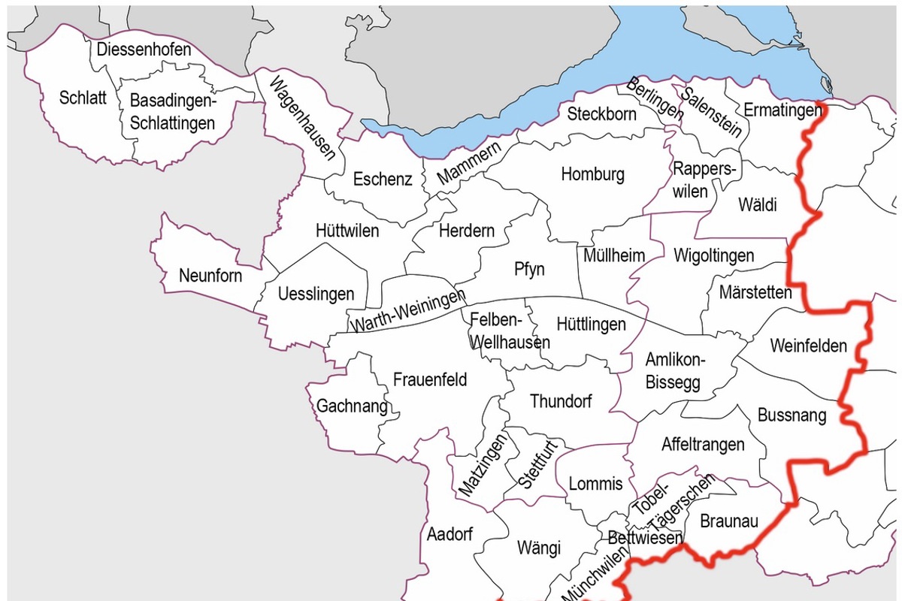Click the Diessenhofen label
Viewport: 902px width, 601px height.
click(x=144, y=50)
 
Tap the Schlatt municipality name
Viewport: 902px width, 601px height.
click(x=83, y=98)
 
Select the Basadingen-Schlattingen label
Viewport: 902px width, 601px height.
click(x=172, y=111)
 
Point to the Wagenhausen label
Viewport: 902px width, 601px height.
click(x=301, y=119)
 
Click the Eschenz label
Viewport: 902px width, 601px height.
click(x=383, y=180)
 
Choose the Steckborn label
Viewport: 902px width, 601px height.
click(x=601, y=114)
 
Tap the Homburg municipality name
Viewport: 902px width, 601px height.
click(x=592, y=174)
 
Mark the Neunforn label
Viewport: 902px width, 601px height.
click(x=210, y=276)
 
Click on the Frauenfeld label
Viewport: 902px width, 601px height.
click(x=430, y=379)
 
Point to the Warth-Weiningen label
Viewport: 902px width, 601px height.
click(x=409, y=311)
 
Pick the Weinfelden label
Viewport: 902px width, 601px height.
click(x=808, y=346)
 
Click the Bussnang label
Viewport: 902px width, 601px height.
click(x=792, y=414)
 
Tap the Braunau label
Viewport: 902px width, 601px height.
click(x=728, y=521)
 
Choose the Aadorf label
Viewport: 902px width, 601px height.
click(x=449, y=534)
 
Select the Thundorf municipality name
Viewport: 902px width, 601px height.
click(x=561, y=401)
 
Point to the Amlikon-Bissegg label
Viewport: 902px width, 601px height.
click(x=673, y=371)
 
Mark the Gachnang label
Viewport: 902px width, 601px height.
click(x=352, y=406)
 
